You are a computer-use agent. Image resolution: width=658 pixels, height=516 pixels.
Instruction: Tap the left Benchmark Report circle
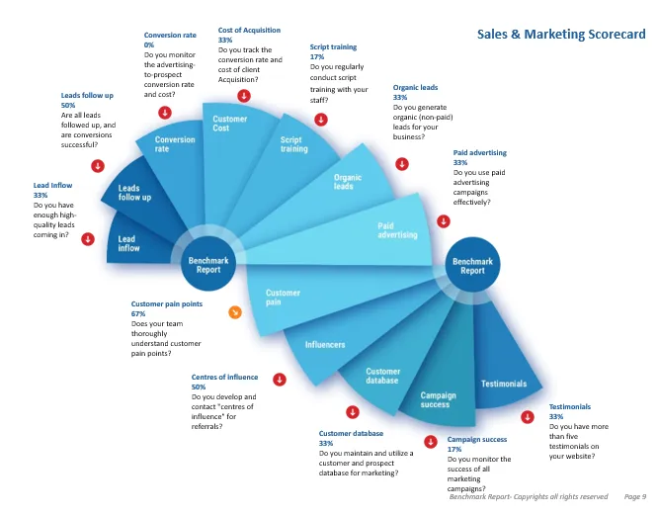pyautogui.click(x=207, y=263)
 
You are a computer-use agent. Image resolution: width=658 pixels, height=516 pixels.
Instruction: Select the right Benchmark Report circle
pyautogui.click(x=472, y=265)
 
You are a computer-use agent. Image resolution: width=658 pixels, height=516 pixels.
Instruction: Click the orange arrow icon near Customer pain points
pyautogui.click(x=235, y=313)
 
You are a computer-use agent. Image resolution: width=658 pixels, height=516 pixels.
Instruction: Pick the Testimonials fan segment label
pyautogui.click(x=504, y=384)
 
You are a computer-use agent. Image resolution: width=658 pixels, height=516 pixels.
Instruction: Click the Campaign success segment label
pyautogui.click(x=438, y=399)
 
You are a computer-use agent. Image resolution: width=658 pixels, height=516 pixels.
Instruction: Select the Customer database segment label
pyautogui.click(x=381, y=376)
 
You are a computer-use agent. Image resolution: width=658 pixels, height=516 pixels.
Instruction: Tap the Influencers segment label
pyautogui.click(x=324, y=345)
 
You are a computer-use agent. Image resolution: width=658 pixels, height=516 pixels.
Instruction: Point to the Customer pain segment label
pyautogui.click(x=283, y=298)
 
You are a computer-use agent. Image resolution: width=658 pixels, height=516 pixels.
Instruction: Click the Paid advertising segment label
pyautogui.click(x=398, y=230)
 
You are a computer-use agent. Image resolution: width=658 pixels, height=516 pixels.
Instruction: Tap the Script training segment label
pyautogui.click(x=293, y=145)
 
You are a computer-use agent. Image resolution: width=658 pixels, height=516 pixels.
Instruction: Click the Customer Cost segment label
pyautogui.click(x=229, y=124)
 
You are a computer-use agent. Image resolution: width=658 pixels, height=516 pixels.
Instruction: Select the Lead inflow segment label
pyautogui.click(x=128, y=243)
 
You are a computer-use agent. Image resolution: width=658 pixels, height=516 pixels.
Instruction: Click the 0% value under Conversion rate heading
pyautogui.click(x=149, y=45)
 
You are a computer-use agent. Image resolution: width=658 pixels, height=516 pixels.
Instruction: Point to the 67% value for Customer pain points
pyautogui.click(x=138, y=313)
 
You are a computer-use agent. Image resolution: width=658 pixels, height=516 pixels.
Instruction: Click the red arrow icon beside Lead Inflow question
pyautogui.click(x=88, y=237)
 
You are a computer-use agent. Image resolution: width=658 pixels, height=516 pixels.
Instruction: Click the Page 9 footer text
pyautogui.click(x=635, y=496)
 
